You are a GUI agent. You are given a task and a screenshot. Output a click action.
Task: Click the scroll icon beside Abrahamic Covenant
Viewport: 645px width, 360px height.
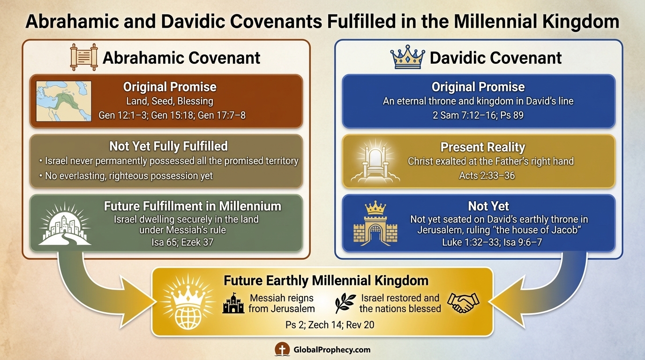pos(83,58)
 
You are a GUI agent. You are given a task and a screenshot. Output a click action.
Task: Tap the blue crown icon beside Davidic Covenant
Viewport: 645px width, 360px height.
pos(406,57)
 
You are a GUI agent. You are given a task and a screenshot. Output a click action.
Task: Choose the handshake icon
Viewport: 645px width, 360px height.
pos(463,302)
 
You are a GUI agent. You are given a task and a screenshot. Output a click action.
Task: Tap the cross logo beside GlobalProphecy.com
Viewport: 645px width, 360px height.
pos(282,349)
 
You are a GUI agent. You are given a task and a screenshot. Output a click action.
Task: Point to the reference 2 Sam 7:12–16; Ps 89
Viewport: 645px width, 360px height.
pos(478,114)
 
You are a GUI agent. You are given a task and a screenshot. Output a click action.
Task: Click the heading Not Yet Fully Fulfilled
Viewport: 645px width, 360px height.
pos(168,146)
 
